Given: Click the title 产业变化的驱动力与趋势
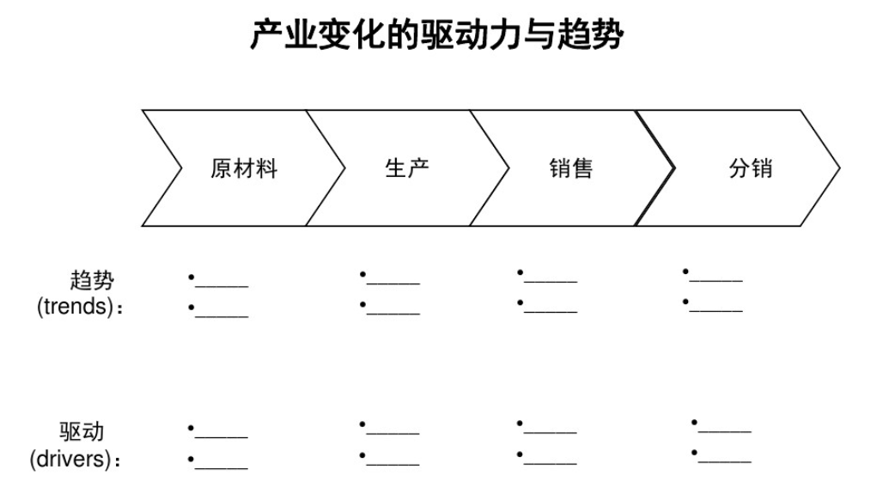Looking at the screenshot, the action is click(436, 34).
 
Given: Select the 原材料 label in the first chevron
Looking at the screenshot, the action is click(244, 168).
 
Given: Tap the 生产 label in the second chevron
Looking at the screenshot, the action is click(406, 168).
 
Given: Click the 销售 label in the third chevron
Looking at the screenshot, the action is click(571, 168).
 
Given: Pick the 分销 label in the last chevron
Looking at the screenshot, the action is click(750, 168).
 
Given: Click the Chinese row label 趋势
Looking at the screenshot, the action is click(92, 280).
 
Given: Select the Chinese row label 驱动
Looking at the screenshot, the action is click(82, 432).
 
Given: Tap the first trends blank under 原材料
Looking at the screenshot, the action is click(222, 286).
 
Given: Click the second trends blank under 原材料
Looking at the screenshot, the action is click(222, 316).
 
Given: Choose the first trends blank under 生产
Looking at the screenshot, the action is click(393, 284).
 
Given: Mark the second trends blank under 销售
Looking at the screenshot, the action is click(551, 311).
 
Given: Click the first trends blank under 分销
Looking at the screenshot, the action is click(716, 280).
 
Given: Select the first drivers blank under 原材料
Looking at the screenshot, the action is click(222, 437).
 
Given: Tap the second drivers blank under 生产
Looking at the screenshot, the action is click(393, 465).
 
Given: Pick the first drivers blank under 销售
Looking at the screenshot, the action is click(551, 432).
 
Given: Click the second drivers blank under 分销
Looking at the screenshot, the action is click(725, 461).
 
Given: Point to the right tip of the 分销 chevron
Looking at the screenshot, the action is click(840, 168).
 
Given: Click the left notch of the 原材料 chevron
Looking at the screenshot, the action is click(182, 168).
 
